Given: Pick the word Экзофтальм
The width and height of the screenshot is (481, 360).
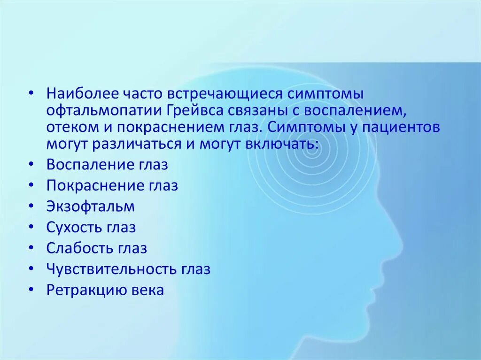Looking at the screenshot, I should pos(91,207).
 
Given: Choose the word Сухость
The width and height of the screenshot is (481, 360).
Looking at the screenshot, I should pos(74,228).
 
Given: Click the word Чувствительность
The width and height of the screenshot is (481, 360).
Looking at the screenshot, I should pos(112,269).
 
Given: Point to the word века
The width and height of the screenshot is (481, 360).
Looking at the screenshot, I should pos(148,291).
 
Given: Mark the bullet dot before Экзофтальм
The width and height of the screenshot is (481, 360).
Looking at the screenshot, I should pos(31,207).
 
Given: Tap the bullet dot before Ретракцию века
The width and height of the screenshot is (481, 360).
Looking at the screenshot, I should pos(31,291).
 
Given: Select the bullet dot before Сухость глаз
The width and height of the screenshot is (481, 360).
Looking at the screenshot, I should pos(31,228).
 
